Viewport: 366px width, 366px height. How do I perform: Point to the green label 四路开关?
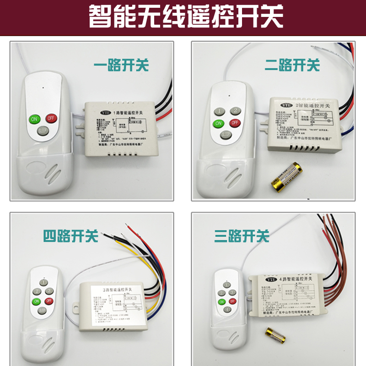[x=70, y=236]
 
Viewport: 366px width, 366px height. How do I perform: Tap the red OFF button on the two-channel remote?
[x=234, y=123]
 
